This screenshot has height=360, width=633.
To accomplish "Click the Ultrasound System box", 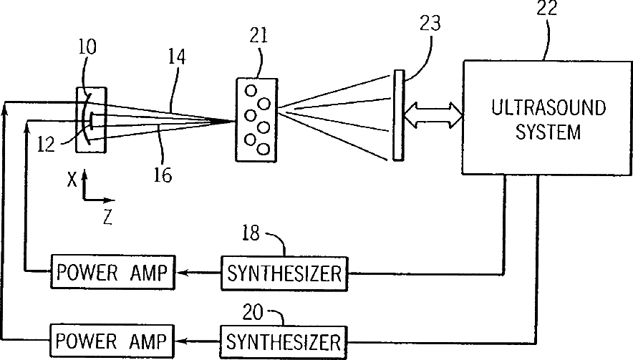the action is [x=547, y=118].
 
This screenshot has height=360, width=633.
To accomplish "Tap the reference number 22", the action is [x=546, y=8].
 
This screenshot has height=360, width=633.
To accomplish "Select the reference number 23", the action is [x=430, y=24].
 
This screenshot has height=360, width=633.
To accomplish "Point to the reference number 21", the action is [x=258, y=35].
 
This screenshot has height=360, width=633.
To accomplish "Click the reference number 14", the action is [x=177, y=57].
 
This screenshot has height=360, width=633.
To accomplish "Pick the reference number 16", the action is [x=163, y=175].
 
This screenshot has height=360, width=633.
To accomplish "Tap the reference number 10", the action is [x=87, y=47].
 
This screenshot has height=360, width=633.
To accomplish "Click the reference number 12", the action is [x=46, y=144].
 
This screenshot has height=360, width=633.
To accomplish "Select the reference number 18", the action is [x=251, y=233].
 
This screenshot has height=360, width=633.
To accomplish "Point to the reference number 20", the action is [x=253, y=312].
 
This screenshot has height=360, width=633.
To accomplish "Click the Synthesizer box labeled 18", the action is [x=284, y=273].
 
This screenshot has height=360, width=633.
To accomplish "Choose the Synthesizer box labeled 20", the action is [x=283, y=342].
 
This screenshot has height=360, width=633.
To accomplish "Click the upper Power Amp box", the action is [x=112, y=272].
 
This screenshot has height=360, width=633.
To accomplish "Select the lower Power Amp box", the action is [x=112, y=341].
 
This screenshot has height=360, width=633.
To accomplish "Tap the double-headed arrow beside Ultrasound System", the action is [x=433, y=115].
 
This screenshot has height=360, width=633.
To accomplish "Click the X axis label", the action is [x=72, y=180].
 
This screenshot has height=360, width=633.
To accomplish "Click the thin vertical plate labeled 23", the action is [x=398, y=116].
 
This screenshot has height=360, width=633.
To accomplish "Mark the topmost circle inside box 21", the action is [x=251, y=91].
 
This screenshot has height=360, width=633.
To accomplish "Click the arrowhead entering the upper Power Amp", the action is [x=182, y=273].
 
